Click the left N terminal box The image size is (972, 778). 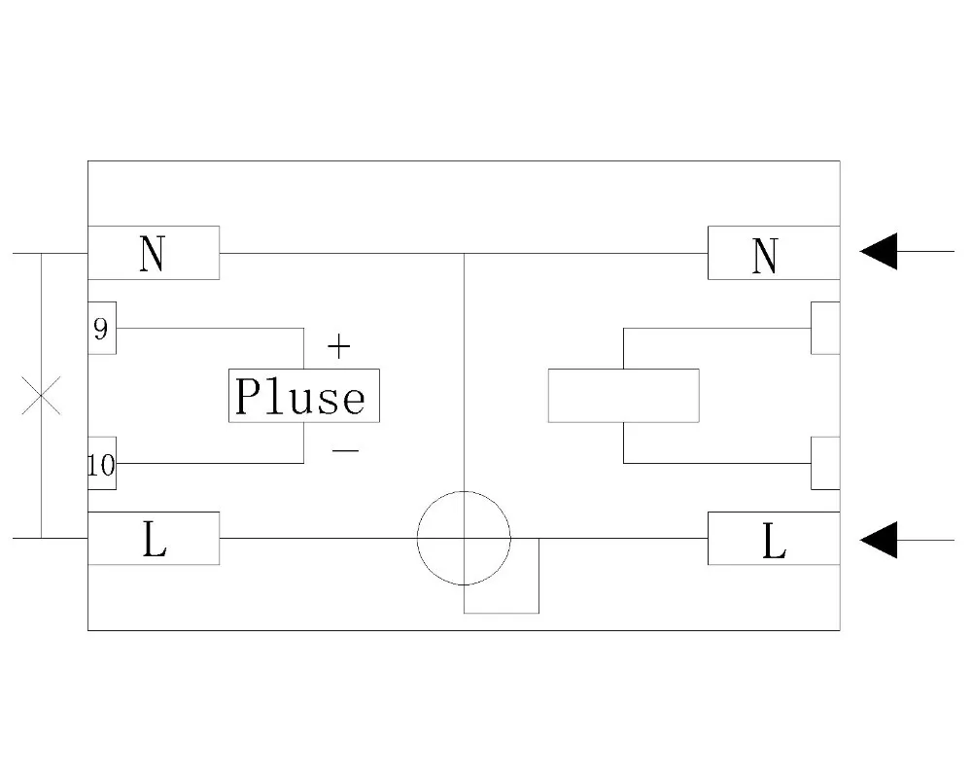tap(154, 253)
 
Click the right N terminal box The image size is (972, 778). tap(773, 253)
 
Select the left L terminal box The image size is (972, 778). tap(154, 538)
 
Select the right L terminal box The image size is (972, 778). tap(773, 538)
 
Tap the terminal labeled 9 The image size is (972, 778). tap(101, 329)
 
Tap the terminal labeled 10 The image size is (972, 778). tap(101, 464)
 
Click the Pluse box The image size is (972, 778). tap(304, 396)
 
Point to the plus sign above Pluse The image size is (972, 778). tap(338, 345)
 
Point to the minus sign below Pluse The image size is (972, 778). tap(345, 449)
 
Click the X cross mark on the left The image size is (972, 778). tap(41, 396)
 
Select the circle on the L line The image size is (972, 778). tap(464, 538)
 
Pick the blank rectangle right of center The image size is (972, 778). tap(623, 396)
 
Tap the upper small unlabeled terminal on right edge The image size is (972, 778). tap(825, 329)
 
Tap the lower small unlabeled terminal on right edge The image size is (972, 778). tap(825, 463)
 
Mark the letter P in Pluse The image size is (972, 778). tap(251, 397)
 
